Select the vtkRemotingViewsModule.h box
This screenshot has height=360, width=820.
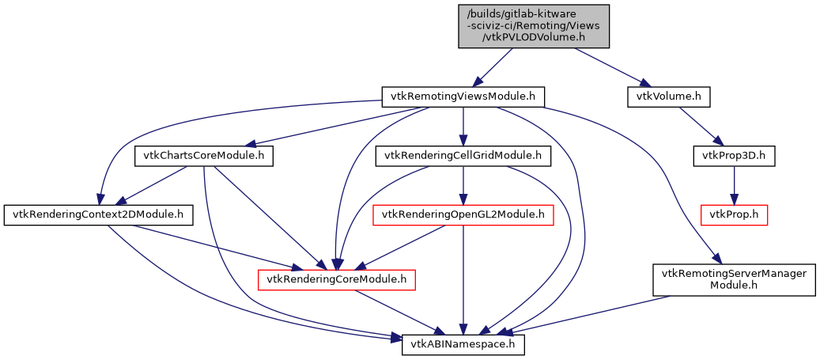click(x=463, y=97)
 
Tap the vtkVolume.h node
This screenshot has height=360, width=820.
click(x=668, y=97)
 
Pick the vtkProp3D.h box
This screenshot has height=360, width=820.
click(x=734, y=155)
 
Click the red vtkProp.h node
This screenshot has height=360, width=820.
click(x=735, y=214)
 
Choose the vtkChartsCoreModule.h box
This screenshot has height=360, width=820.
click(x=204, y=156)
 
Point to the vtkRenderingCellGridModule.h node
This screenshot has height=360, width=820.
click(x=463, y=156)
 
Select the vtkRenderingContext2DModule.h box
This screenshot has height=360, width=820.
click(x=99, y=214)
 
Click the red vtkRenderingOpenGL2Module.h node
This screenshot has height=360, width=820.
click(x=463, y=214)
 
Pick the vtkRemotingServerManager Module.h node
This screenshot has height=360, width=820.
click(x=733, y=279)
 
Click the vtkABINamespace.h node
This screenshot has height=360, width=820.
click(x=463, y=345)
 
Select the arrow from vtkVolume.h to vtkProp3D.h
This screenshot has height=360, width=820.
click(x=701, y=126)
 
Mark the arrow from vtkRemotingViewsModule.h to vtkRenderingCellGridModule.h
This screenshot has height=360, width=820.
click(x=463, y=126)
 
